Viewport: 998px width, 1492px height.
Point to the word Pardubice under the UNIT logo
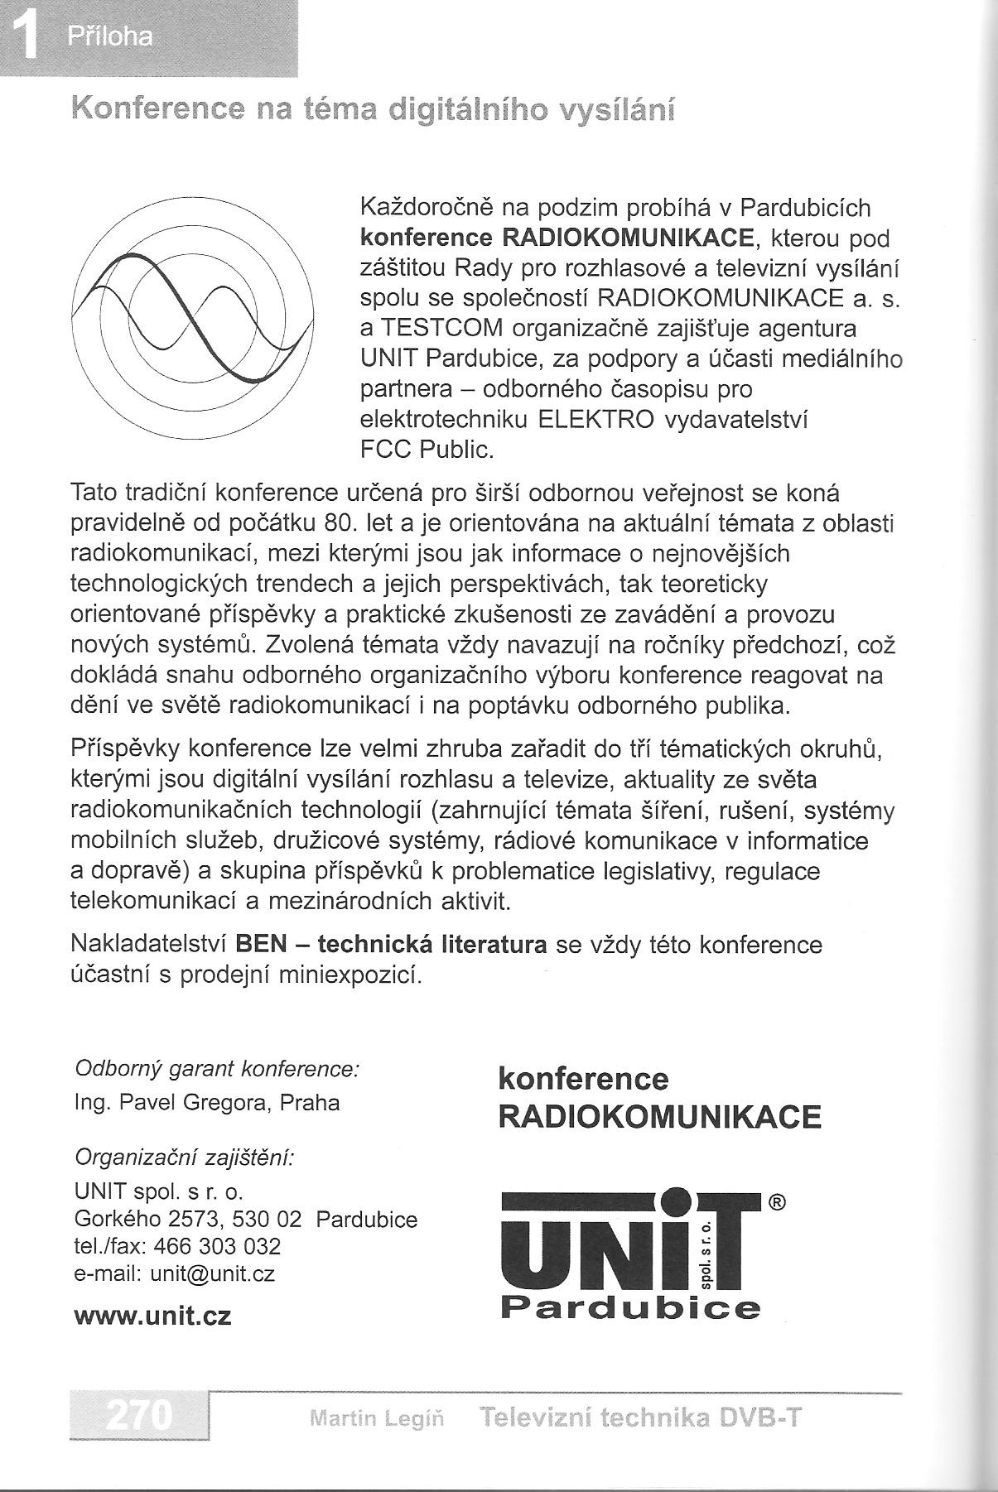pos(630,1308)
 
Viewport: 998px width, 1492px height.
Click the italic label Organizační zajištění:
pos(185,1157)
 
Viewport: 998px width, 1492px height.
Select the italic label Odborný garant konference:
pos(217,1069)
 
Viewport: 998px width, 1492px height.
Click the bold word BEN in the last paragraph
pos(261,944)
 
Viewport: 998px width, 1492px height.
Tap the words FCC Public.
pos(427,449)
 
